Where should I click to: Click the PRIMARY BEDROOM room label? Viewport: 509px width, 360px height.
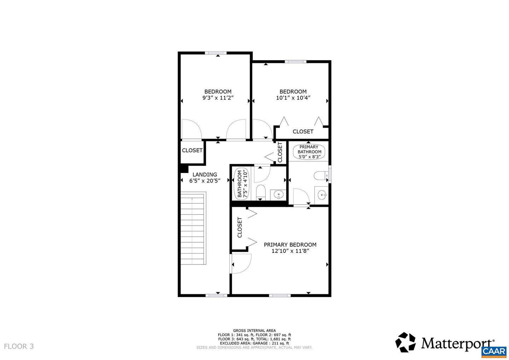[290, 245]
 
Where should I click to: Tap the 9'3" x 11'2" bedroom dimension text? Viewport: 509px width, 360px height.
[218, 98]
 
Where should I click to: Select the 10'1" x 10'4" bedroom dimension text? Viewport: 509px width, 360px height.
[293, 98]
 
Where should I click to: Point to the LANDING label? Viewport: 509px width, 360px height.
[205, 175]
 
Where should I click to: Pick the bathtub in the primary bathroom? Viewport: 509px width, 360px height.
[309, 152]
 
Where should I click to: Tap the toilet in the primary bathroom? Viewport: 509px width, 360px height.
[321, 176]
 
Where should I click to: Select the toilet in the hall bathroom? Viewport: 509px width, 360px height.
[261, 191]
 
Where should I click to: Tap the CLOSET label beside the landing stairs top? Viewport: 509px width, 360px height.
[192, 151]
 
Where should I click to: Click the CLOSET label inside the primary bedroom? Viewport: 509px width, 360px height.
[240, 227]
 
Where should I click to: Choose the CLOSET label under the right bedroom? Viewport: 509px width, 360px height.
[303, 132]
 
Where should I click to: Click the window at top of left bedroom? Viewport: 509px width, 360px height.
[216, 53]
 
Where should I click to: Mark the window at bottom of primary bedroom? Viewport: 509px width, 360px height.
[280, 295]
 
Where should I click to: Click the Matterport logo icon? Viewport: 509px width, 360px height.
[405, 342]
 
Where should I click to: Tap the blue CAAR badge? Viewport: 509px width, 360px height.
[494, 352]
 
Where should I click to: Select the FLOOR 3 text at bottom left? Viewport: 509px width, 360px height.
[19, 346]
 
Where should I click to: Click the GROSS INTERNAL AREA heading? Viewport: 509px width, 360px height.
[254, 331]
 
